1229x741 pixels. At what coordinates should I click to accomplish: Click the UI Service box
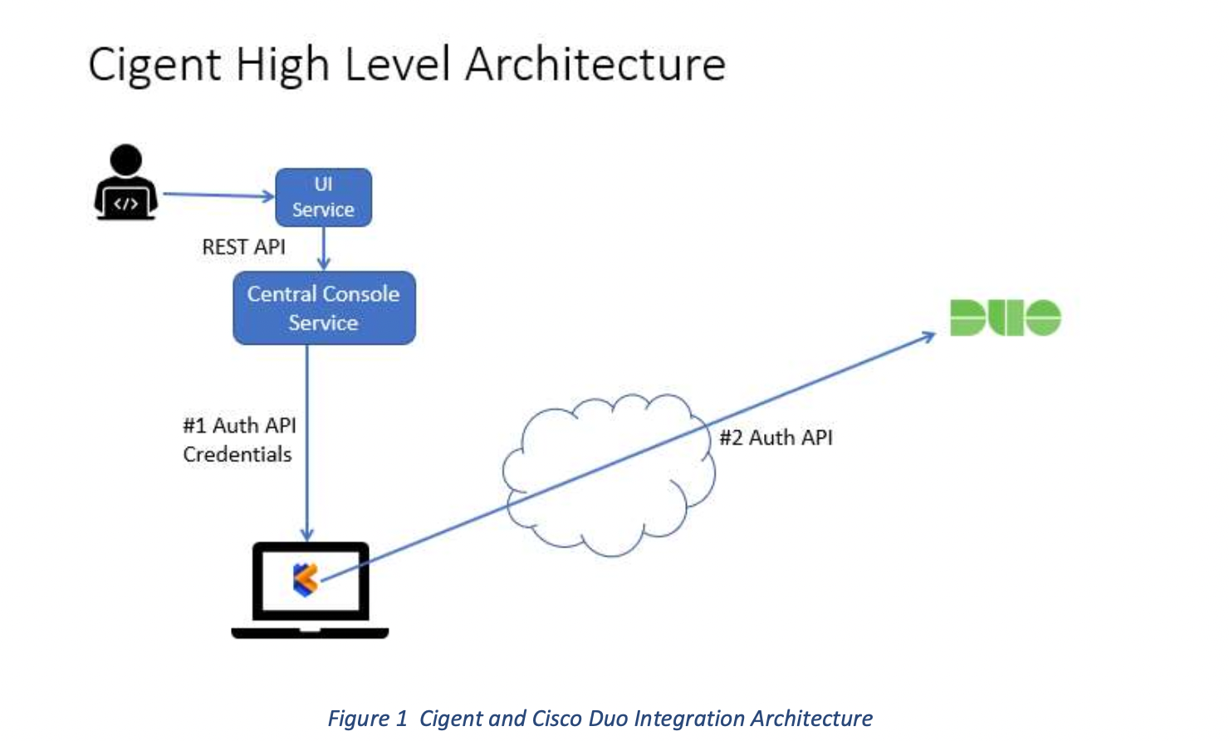click(323, 197)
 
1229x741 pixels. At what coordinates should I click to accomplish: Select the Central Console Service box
click(324, 307)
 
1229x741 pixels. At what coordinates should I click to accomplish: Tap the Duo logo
click(1005, 317)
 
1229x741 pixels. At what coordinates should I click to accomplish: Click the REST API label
click(243, 247)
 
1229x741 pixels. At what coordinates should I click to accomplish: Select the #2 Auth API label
click(776, 438)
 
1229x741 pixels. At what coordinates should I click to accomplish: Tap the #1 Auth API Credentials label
click(238, 439)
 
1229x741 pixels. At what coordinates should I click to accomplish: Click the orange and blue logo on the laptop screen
click(306, 579)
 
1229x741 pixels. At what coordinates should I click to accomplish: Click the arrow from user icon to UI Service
click(216, 195)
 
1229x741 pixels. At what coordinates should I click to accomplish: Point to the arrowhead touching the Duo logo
click(928, 336)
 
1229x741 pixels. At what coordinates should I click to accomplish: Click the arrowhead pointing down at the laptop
click(307, 533)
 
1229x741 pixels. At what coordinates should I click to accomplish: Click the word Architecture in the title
click(595, 65)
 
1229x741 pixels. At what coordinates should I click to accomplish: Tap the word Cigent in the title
click(154, 65)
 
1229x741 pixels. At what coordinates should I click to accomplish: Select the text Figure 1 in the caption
click(367, 718)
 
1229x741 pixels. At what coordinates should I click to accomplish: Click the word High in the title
click(282, 65)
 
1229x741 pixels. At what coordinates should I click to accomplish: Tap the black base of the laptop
click(310, 633)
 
